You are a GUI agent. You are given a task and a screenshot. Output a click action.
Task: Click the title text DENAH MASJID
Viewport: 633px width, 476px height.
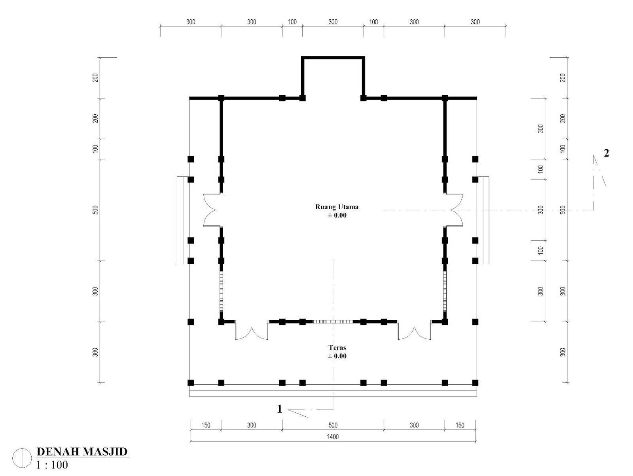point(82,451)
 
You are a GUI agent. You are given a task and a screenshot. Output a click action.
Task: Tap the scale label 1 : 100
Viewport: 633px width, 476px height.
point(52,465)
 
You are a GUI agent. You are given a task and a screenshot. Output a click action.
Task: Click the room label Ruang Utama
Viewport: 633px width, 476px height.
point(337,207)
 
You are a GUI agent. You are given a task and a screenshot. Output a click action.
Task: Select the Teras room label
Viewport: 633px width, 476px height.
point(337,348)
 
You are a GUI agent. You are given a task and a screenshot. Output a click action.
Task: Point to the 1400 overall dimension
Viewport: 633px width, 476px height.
point(332,437)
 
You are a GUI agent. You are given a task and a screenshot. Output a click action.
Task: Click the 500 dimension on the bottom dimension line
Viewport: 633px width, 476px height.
point(333,425)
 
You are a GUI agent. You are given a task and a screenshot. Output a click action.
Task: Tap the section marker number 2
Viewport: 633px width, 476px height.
point(606,153)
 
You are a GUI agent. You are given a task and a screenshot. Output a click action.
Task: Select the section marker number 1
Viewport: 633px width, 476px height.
point(279,409)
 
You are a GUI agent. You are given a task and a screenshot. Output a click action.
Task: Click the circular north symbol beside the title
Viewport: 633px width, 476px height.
point(22,458)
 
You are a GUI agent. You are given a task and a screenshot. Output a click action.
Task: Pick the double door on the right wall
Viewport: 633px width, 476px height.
point(455,210)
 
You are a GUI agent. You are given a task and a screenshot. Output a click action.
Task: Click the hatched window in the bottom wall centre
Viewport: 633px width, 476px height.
point(333,321)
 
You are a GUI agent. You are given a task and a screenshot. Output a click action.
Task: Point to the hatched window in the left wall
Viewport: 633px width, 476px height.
point(221,291)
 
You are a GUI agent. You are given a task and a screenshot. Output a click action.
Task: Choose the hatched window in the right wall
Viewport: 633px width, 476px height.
point(445,291)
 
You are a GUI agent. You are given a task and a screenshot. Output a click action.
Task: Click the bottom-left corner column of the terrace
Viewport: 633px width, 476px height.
point(191,383)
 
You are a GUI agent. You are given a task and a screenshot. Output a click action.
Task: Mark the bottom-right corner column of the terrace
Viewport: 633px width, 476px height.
point(475,383)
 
